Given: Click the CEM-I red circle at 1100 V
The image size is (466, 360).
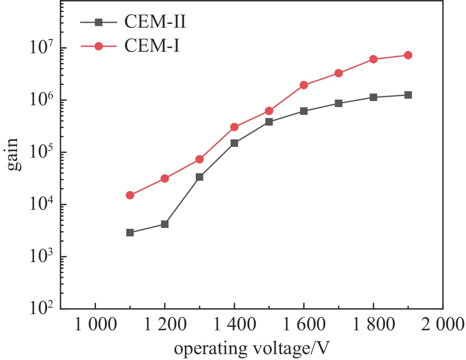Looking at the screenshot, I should pyautogui.click(x=130, y=195).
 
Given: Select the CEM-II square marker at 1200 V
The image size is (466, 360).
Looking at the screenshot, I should pyautogui.click(x=165, y=224).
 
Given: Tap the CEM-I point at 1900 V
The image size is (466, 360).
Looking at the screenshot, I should pyautogui.click(x=408, y=55).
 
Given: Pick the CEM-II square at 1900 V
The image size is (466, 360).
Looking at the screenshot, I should pyautogui.click(x=408, y=95).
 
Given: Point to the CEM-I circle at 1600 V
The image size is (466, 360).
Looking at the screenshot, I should pyautogui.click(x=304, y=85).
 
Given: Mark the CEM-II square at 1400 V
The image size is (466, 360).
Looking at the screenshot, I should pyautogui.click(x=234, y=143).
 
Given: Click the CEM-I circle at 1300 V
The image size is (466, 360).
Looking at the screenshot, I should pyautogui.click(x=199, y=159).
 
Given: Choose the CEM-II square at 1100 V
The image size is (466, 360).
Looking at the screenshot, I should pyautogui.click(x=130, y=233).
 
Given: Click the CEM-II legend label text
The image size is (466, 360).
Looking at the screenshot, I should pyautogui.click(x=155, y=22).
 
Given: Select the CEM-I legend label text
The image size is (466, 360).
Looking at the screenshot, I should pyautogui.click(x=152, y=46).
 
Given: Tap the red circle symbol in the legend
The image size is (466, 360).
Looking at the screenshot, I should pyautogui.click(x=98, y=46).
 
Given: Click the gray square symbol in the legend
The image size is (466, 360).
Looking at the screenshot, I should pyautogui.click(x=98, y=22).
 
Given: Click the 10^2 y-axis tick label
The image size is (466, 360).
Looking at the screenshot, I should pyautogui.click(x=42, y=308).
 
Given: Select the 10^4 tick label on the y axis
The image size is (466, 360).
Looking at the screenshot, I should pyautogui.click(x=42, y=204).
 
